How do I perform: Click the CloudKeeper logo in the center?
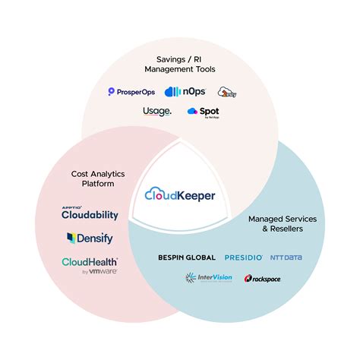tap(180, 195)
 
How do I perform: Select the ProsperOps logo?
tap(133, 92)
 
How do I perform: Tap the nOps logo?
tap(185, 92)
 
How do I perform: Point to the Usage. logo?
tap(157, 112)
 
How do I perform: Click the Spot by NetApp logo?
tap(203, 112)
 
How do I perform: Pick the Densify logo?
tap(90, 238)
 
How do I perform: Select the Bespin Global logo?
tap(188, 257)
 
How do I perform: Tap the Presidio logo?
tap(244, 257)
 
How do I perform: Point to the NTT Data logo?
tap(286, 257)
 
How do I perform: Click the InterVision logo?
tap(209, 278)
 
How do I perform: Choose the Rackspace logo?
tap(264, 279)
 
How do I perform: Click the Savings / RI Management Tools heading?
tap(179, 65)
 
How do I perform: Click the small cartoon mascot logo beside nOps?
tap(227, 92)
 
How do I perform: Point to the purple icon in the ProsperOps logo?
tap(112, 92)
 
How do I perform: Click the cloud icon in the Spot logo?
tap(192, 112)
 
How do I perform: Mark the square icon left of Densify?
tap(71, 238)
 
